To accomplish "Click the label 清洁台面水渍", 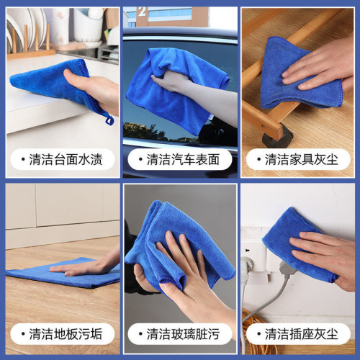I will (66, 159).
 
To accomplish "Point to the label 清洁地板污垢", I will (66, 333).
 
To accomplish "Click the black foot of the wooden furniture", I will (279, 135).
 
